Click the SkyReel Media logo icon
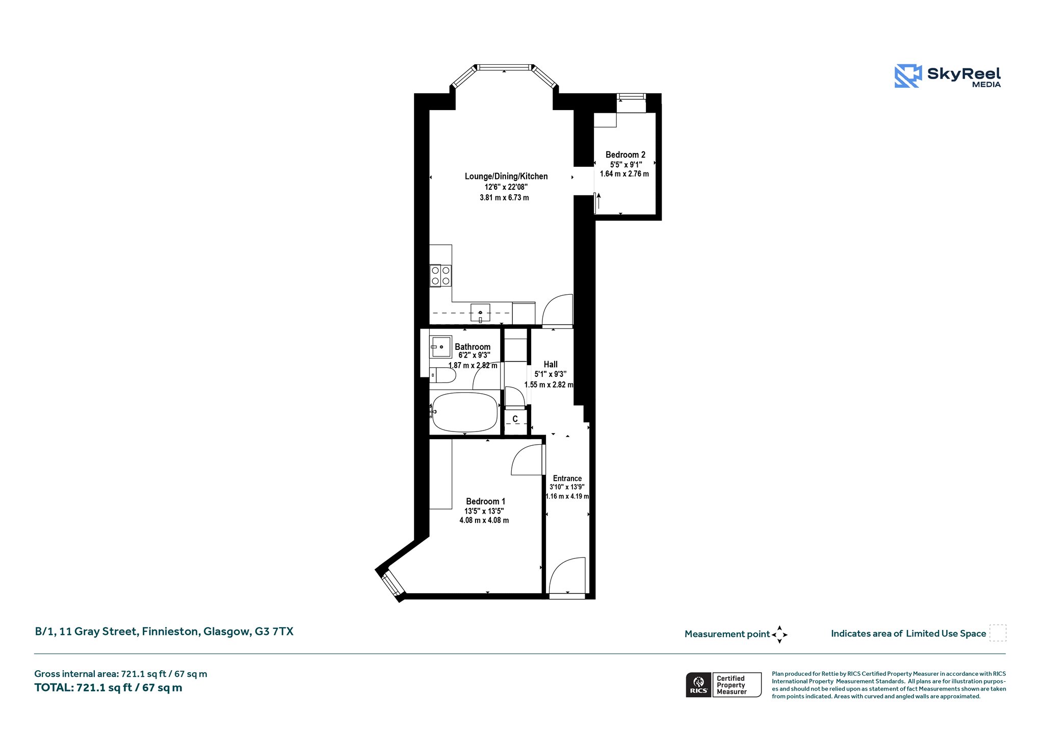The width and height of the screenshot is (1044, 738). [x=908, y=76]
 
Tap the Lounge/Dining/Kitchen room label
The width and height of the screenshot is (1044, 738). [x=506, y=176]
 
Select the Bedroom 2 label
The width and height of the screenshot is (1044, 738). [x=625, y=155]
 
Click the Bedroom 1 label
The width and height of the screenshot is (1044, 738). [x=485, y=501]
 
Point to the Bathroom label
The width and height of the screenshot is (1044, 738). [x=473, y=347]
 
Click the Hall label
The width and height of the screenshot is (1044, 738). [x=551, y=364]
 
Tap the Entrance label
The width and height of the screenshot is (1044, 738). [x=567, y=478]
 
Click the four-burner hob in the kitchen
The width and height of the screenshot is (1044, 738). [x=440, y=276]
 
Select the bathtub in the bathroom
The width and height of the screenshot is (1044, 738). [x=464, y=412]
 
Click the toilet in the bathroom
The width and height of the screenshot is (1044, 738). [x=442, y=375]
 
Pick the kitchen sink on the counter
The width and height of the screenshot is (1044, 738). [x=480, y=312]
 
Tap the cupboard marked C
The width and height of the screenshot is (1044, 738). [x=515, y=422]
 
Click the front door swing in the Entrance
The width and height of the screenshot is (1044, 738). [x=567, y=576]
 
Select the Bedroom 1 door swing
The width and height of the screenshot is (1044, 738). [x=528, y=460]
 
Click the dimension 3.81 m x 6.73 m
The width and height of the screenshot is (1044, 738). [x=504, y=197]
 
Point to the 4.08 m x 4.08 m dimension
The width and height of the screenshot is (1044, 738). [x=484, y=520]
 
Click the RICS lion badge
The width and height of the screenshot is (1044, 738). [x=698, y=685]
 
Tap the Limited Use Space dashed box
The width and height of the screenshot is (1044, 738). [x=998, y=633]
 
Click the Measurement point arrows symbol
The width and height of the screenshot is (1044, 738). [x=779, y=634]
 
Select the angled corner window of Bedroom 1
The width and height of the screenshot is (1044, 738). [x=393, y=583]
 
